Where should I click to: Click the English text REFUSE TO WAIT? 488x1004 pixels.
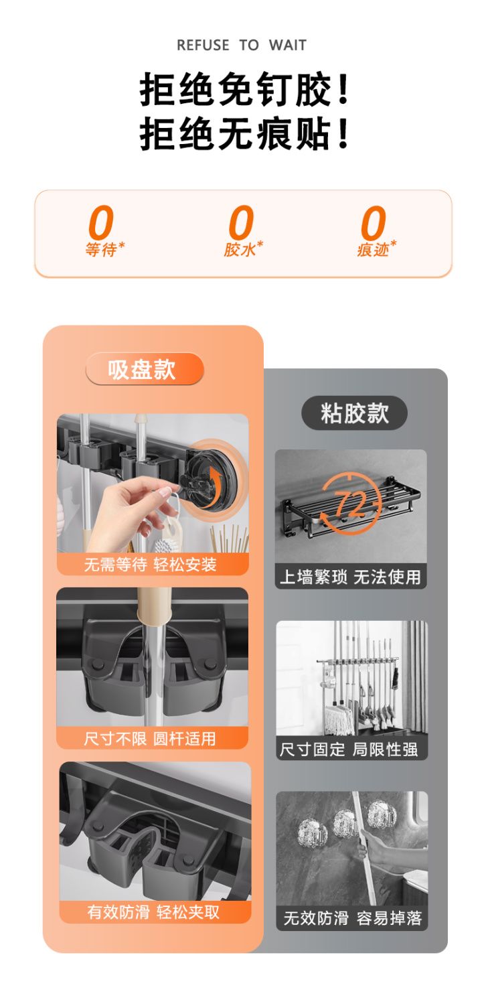pos(242,45)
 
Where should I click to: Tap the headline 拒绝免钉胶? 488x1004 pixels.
pos(244,90)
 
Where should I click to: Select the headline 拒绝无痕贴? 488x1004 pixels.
pos(244,133)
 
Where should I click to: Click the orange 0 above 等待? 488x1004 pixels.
pos(101,222)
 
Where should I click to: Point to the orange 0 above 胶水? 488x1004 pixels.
pos(242,222)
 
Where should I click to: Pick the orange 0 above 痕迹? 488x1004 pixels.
pos(374,223)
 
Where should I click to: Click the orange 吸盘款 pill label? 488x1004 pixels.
pos(145,369)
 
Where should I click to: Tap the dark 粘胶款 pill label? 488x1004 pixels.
pos(354,413)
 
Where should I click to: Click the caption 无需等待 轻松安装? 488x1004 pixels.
pos(151,565)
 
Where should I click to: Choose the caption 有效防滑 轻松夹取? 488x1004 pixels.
pos(153,912)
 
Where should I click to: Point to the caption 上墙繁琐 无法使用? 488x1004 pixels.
pos(350,577)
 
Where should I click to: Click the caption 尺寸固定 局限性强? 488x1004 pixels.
pos(349,749)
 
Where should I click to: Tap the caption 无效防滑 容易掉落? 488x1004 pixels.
pos(353,918)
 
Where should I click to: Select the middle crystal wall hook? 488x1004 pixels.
pos(345,824)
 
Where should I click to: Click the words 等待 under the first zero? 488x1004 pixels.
pos(102,250)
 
